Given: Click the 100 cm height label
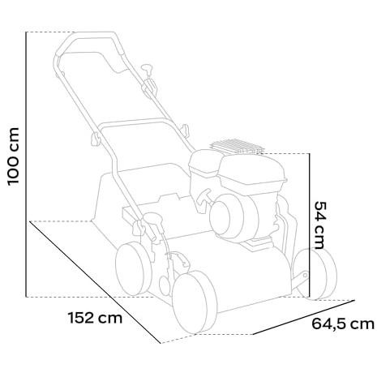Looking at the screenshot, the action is (13, 157).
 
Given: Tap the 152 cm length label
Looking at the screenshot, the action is (95, 318).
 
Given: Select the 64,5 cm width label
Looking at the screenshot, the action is (343, 324).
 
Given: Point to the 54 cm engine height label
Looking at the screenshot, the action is (320, 225).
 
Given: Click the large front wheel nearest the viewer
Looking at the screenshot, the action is (195, 302).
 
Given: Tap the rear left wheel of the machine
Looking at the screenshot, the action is (133, 269).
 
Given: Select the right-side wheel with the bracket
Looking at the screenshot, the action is (315, 274).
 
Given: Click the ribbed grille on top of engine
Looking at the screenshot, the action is (237, 146).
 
